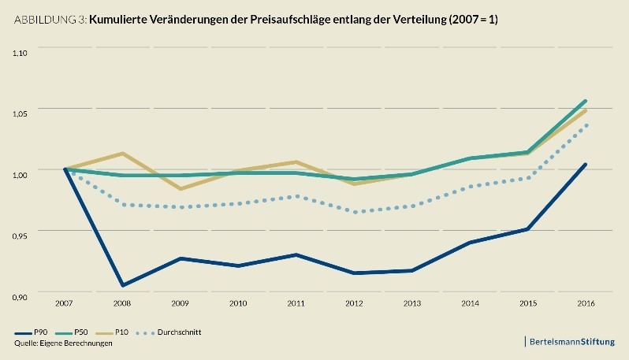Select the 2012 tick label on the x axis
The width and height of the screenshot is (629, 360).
[x=355, y=303]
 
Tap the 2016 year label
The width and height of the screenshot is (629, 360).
[x=585, y=303]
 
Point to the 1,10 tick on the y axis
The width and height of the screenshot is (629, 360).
[x=20, y=53]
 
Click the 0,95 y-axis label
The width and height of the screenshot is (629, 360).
[x=20, y=235]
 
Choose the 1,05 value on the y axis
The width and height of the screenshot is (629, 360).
[x=20, y=113]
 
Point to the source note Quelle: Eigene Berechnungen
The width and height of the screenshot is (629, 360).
[x=58, y=344]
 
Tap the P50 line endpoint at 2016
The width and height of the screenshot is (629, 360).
[x=585, y=101]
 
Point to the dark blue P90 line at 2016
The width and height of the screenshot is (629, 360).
[x=585, y=165]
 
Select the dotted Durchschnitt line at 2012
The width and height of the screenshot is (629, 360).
[x=355, y=212]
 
